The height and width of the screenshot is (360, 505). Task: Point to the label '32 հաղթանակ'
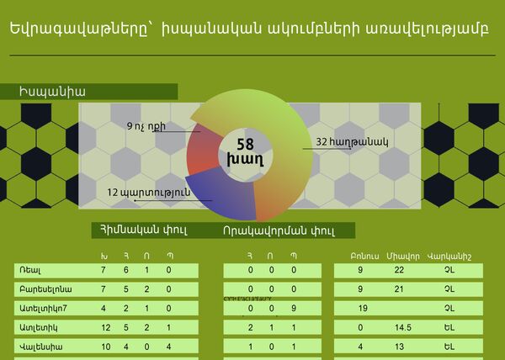point(351,143)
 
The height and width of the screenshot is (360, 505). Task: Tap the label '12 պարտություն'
point(148,192)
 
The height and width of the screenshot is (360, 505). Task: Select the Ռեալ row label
point(31,270)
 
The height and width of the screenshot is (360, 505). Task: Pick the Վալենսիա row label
point(39,346)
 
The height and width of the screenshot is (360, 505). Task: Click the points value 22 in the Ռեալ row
point(399,270)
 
